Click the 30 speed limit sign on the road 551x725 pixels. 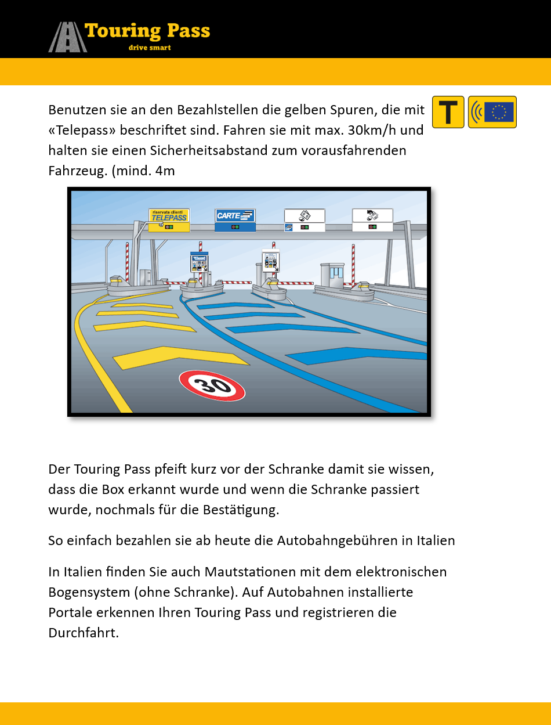[x=212, y=386]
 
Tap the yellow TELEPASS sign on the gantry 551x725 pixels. [x=169, y=216]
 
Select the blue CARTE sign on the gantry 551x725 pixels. [x=235, y=215]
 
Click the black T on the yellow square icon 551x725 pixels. [x=448, y=111]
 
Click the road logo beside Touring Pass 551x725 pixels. [x=67, y=37]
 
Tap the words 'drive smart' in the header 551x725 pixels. [x=150, y=48]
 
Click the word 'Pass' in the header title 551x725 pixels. [x=182, y=31]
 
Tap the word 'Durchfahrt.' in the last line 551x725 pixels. [x=84, y=633]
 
